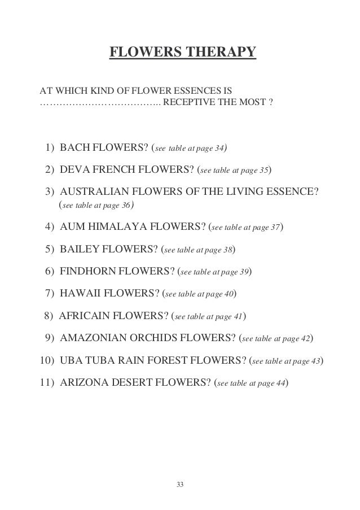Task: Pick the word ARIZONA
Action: pyautogui.click(x=84, y=383)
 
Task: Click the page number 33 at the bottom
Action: pyautogui.click(x=180, y=485)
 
